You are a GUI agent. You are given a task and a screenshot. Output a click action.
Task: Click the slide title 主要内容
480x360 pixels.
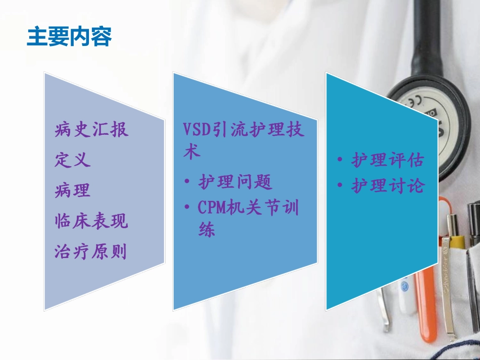pos(69,36)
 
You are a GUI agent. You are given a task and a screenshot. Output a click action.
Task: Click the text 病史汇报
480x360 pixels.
pos(91,130)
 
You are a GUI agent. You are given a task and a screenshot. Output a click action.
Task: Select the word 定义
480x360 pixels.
pos(73,160)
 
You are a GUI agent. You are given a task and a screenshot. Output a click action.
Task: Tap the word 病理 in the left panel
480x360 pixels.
pos(73,190)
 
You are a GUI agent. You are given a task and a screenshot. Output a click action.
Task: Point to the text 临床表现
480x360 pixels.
pos(91,221)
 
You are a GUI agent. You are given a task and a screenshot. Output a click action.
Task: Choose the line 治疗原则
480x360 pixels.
pos(91,251)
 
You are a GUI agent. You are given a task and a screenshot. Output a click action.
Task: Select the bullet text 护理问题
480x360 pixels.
pos(235,182)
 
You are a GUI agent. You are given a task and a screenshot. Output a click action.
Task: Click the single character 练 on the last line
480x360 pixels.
pos(207,230)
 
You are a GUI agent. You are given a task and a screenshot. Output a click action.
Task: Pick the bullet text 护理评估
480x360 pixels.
pos(388,161)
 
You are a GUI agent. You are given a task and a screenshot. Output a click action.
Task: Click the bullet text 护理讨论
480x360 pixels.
pos(388,186)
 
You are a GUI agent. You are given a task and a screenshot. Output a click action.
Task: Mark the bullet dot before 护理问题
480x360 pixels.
pos(187,182)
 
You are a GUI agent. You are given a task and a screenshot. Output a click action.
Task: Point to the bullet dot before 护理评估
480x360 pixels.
pos(341,161)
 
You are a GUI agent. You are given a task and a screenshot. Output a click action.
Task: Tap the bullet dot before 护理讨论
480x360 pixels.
pos(341,186)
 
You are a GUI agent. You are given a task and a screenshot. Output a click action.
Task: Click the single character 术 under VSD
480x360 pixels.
pos(191,152)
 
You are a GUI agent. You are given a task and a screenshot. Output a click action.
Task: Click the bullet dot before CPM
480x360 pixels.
pos(187,208)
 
